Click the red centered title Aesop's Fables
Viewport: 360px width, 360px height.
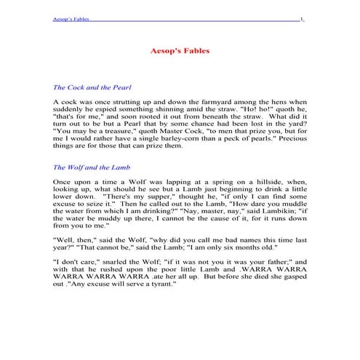click(180, 53)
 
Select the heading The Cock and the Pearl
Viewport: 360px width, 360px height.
click(92, 87)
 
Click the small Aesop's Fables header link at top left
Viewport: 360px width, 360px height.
click(71, 19)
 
